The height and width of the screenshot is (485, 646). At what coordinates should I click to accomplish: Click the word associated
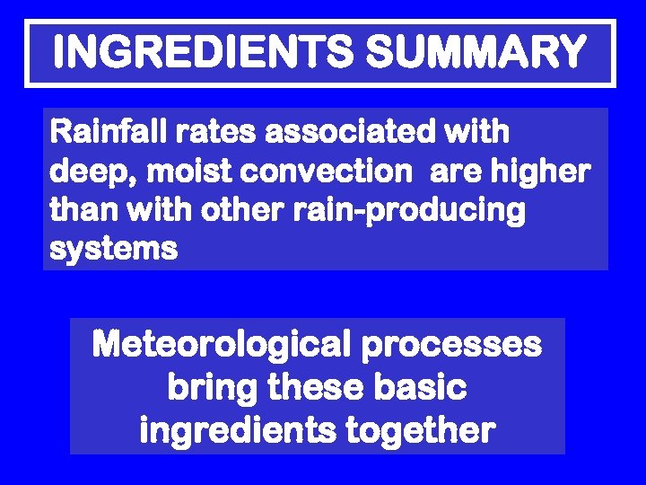click(363, 132)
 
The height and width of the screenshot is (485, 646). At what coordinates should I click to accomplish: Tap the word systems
click(114, 250)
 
